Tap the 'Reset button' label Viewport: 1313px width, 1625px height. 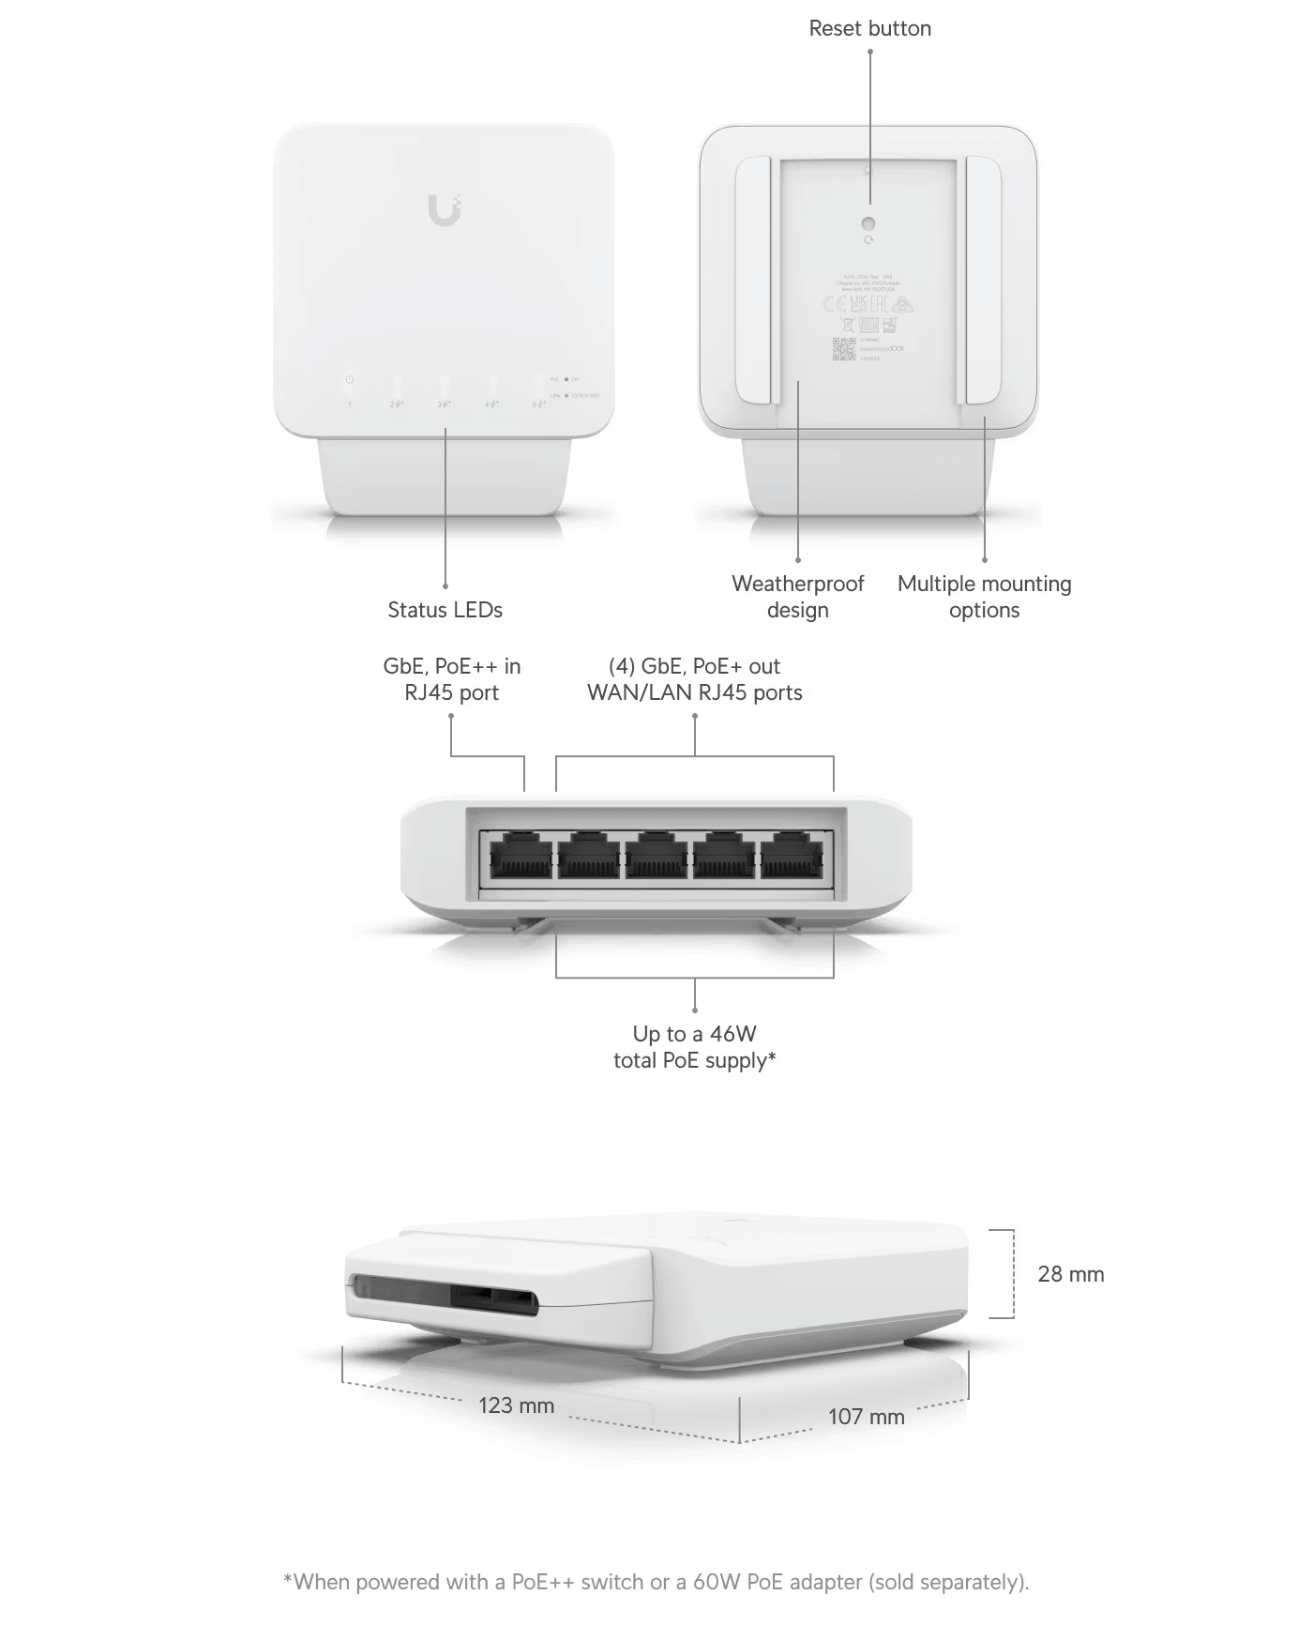point(869,28)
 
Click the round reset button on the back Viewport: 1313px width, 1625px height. point(868,224)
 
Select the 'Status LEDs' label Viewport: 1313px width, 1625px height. point(445,610)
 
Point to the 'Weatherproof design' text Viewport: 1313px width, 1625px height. point(797,597)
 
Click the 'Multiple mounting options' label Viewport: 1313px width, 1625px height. point(984,597)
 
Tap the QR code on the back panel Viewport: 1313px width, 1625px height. point(844,349)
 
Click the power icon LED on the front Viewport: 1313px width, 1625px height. point(350,380)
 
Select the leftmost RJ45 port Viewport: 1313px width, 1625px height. point(521,856)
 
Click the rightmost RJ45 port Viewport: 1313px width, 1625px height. point(792,856)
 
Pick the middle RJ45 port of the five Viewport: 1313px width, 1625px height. point(656,856)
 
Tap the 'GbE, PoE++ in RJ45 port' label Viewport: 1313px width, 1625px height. point(451,679)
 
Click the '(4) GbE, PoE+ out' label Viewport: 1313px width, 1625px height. point(694,666)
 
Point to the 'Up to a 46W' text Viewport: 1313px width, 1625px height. point(694,1034)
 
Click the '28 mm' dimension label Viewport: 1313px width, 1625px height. point(1070,1274)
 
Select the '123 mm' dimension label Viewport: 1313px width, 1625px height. point(516,1405)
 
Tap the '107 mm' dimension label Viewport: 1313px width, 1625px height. point(866,1416)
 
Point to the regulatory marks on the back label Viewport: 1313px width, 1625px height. point(868,304)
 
